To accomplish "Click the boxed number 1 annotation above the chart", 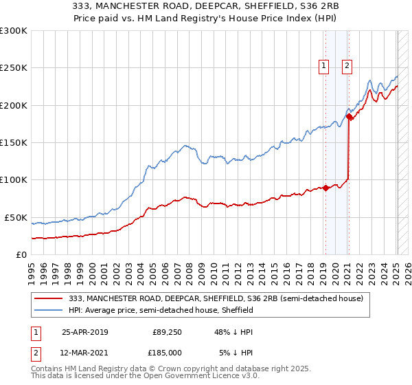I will coord(323,66).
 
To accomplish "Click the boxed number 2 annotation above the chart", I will coord(347,66).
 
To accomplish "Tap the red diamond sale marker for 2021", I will coord(348,117).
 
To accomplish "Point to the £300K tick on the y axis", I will coord(13,31).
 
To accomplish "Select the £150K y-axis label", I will coord(13,143).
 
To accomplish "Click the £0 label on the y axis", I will coord(21,254).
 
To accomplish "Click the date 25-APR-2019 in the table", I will coord(85,332).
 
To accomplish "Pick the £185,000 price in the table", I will coord(167,352).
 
